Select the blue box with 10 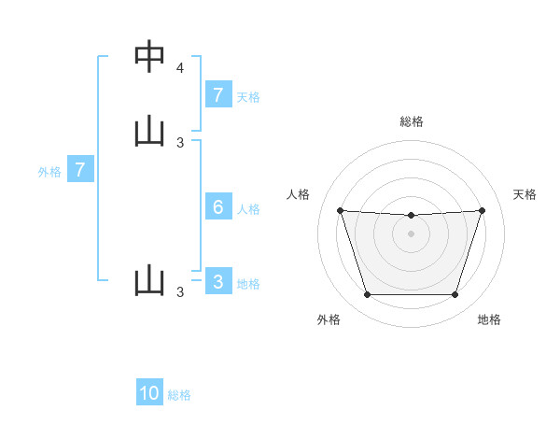[149, 393]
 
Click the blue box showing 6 [217, 207]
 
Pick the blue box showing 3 [217, 281]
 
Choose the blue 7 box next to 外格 [80, 170]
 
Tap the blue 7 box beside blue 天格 [217, 94]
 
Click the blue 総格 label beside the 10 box [179, 395]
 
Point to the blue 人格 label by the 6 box [248, 209]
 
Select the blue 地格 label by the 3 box [248, 284]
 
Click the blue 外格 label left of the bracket [49, 172]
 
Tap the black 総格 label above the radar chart [412, 121]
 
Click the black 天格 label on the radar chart [525, 194]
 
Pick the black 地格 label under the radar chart [489, 319]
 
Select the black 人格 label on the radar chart [299, 194]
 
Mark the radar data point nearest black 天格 [482, 210]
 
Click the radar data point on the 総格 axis [411, 216]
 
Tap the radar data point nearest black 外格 [367, 295]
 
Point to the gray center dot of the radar [411, 234]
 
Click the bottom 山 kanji [149, 280]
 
